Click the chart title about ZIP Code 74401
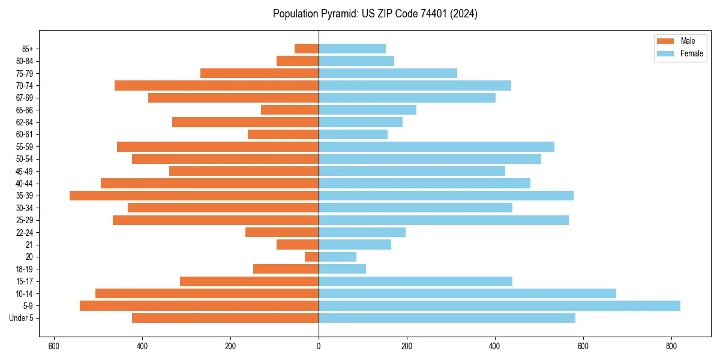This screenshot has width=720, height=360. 375,14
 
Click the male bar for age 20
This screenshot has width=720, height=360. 311,257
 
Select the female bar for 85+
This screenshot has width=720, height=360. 352,49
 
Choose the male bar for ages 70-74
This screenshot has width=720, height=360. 217,86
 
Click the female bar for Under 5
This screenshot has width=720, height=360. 446,318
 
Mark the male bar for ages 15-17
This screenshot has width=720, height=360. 249,281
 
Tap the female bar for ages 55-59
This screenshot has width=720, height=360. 436,147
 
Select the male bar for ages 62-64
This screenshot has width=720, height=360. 245,122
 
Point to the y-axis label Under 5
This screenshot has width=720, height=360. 22,318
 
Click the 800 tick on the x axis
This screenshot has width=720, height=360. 671,346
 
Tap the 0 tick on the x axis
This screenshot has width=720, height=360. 319,346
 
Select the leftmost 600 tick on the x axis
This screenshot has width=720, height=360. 54,346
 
